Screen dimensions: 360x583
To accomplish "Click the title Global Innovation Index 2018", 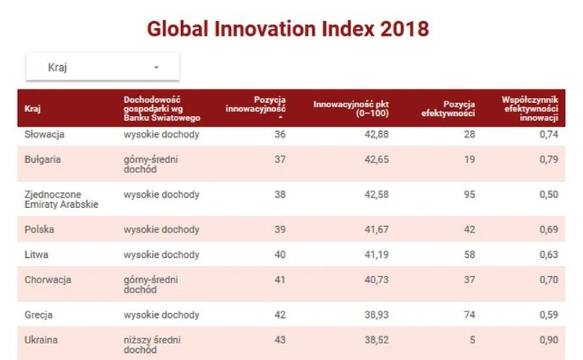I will pyautogui.click(x=288, y=29).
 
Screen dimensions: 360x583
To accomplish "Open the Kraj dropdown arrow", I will pyautogui.click(x=156, y=68).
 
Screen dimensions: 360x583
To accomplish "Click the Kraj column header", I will pyautogui.click(x=32, y=109).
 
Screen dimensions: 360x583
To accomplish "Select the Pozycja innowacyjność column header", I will pyautogui.click(x=256, y=104).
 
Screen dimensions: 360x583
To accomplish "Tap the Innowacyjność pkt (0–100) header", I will pyautogui.click(x=351, y=109).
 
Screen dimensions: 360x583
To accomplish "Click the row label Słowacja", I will pyautogui.click(x=45, y=135).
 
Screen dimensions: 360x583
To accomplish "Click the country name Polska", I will pyautogui.click(x=40, y=230).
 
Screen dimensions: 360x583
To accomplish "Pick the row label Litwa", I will pyautogui.click(x=36, y=255).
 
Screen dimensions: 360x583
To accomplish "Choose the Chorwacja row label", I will pyautogui.click(x=48, y=280).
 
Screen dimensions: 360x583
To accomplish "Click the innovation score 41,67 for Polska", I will pyautogui.click(x=374, y=230).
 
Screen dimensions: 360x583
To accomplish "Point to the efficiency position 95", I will pyautogui.click(x=469, y=195).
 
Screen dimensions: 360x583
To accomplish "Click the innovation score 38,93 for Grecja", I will pyautogui.click(x=374, y=315).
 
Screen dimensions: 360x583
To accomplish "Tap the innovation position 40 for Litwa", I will pyautogui.click(x=280, y=255).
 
